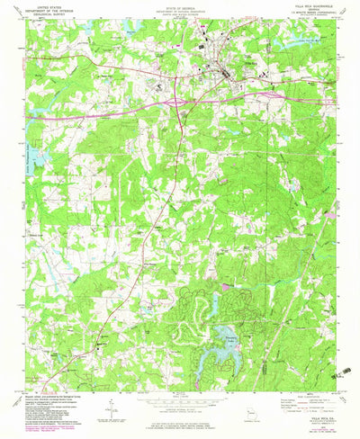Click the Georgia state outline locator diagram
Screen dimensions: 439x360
pyautogui.click(x=254, y=414)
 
